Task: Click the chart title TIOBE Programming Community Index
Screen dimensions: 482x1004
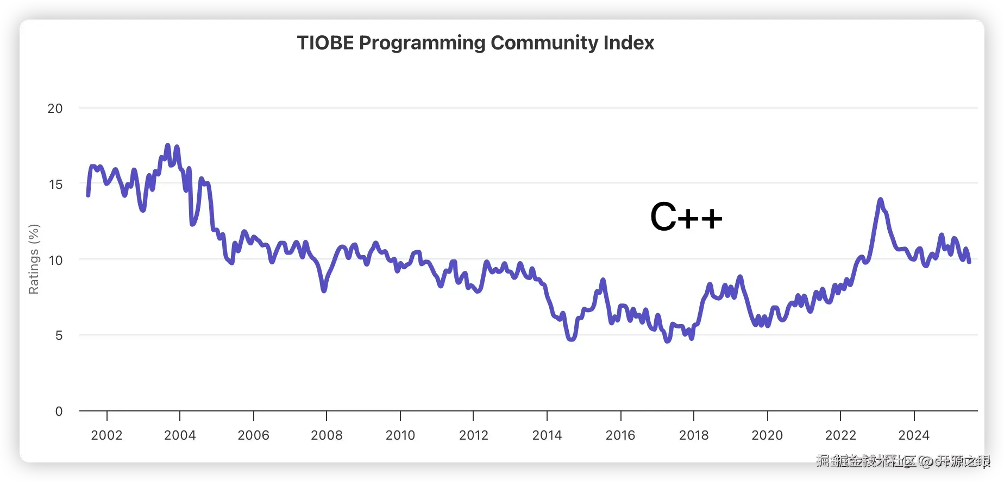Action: point(475,43)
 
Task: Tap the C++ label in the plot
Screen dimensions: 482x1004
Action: point(686,217)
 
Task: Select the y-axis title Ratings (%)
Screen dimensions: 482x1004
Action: point(34,259)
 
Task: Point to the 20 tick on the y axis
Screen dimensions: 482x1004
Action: point(55,109)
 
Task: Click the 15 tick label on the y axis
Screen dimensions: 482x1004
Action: point(55,185)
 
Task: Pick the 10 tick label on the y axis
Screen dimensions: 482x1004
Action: point(55,260)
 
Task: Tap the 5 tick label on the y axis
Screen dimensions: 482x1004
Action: point(59,335)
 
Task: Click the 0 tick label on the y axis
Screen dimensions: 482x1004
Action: point(59,411)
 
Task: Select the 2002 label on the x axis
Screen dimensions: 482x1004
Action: point(106,435)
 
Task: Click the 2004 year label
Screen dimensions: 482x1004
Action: point(180,435)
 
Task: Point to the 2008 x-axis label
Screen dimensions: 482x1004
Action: point(327,435)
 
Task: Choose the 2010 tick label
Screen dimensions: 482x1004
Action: point(400,435)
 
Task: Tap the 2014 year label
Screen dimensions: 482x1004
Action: point(547,435)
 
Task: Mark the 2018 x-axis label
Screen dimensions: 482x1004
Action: point(694,435)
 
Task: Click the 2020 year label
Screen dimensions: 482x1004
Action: point(767,435)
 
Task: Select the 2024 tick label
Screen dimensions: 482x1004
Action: point(914,435)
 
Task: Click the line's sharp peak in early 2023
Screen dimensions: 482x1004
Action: point(880,200)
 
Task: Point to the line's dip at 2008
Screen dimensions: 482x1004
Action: point(324,290)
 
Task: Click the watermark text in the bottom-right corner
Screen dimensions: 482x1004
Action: point(902,461)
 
